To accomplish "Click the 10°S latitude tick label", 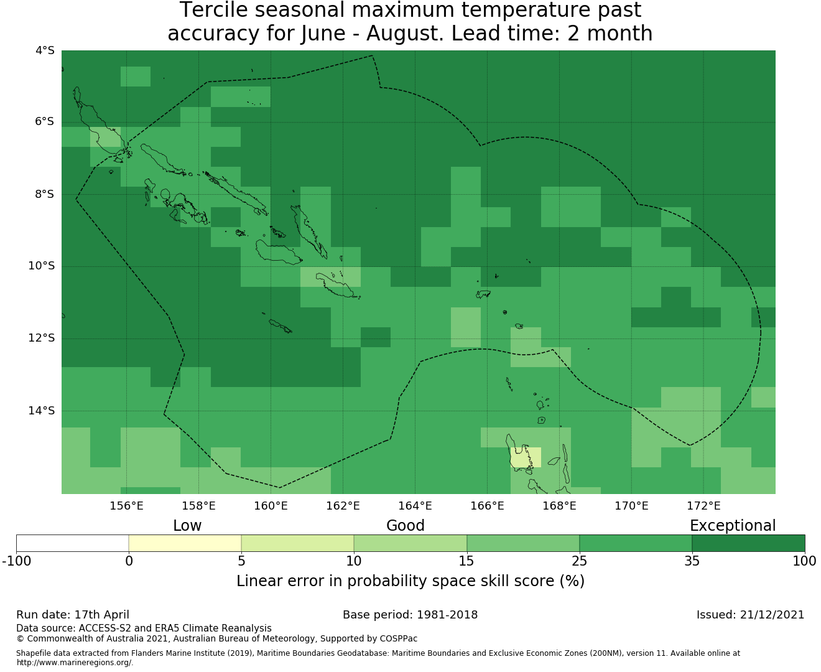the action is [x=41, y=266].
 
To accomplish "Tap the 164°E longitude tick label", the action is [x=415, y=506].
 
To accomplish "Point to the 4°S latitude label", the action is [x=45, y=50].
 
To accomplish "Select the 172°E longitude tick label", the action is [x=703, y=506].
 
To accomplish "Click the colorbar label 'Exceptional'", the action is [x=733, y=526].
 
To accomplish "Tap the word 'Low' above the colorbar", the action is [x=187, y=526].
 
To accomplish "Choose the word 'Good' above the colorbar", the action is [x=406, y=526].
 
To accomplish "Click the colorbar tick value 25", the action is [x=579, y=561].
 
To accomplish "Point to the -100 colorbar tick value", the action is [x=16, y=561].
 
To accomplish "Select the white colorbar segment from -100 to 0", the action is [x=72, y=543].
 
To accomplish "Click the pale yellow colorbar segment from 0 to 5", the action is [x=185, y=543].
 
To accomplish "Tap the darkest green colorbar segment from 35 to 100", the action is [x=748, y=543].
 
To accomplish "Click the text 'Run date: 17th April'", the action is [x=72, y=615].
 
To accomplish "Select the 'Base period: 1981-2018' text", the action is [x=410, y=615].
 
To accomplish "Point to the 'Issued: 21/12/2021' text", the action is [x=750, y=615].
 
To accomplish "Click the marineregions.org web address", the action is [x=75, y=662].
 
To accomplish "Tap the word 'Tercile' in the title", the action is [x=213, y=10].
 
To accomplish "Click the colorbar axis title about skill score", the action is [x=410, y=581].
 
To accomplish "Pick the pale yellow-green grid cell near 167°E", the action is [x=526, y=457].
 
